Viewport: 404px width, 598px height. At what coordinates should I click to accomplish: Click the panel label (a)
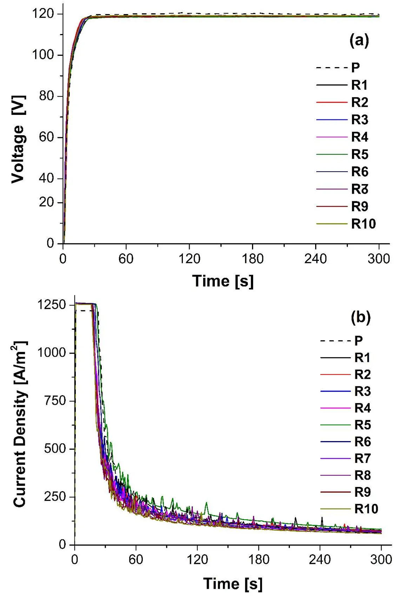(359, 41)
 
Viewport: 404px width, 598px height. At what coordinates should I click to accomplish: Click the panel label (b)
(360, 317)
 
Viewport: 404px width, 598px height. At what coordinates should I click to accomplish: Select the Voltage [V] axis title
(18, 139)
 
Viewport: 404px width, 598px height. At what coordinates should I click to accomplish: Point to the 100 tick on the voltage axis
(43, 55)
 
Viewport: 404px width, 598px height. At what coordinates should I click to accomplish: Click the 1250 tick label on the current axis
(52, 305)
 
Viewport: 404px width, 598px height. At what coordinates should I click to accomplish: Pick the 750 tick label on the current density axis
(55, 401)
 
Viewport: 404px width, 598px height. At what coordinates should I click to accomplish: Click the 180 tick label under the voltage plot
(252, 259)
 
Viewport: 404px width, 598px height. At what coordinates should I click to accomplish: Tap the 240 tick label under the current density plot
(320, 559)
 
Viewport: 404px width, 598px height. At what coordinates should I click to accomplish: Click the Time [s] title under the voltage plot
(223, 281)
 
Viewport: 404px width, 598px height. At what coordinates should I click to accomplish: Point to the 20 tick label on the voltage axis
(47, 203)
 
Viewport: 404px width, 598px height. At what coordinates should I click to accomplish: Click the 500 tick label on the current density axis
(55, 449)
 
